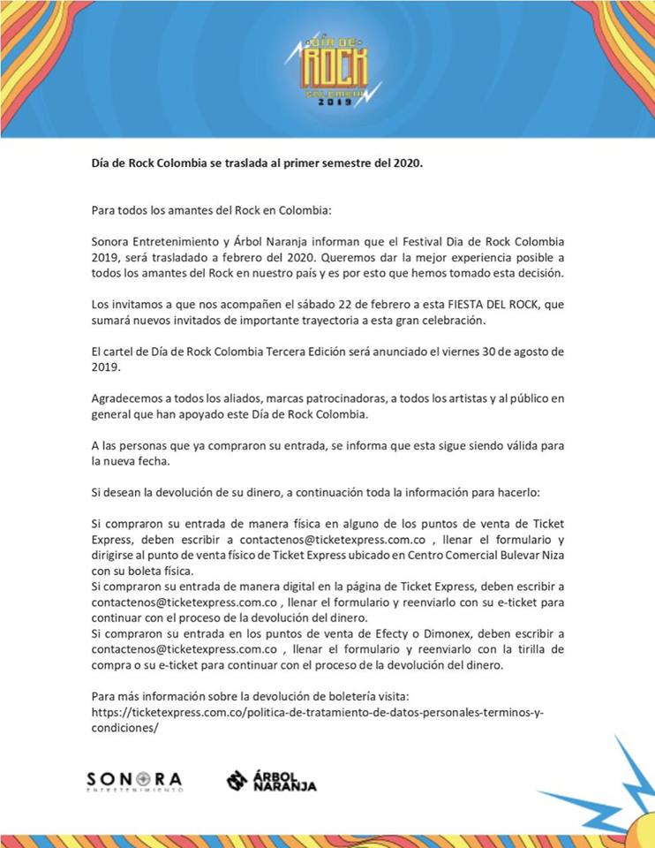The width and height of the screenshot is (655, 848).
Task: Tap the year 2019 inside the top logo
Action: pos(335,102)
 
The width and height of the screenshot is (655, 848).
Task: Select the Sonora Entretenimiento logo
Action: pos(134,781)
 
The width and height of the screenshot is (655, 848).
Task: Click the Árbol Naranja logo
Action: pos(272,780)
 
